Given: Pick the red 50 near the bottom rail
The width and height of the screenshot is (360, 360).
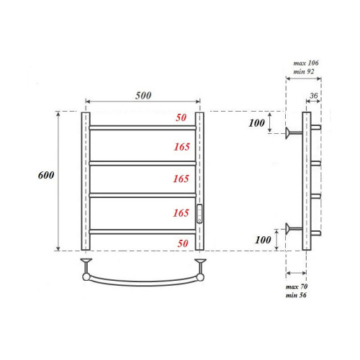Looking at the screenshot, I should pos(182,243).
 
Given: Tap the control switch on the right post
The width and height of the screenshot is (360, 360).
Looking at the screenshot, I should pos(199,213).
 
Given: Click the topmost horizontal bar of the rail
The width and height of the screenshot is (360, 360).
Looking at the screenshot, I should pos(143,127).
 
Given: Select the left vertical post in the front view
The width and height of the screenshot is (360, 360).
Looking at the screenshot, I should pos(86,180).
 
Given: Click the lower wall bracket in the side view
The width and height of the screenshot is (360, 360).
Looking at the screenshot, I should pos(293,230).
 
